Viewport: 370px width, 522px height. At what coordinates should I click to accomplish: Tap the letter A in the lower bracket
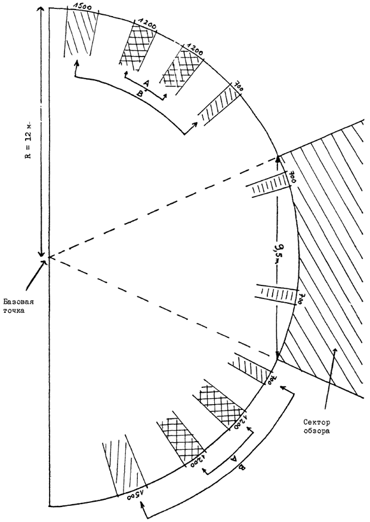(233, 458)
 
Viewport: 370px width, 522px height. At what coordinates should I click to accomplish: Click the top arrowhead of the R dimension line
(41, 10)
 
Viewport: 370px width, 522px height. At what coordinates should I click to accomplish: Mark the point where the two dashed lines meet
(48, 257)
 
